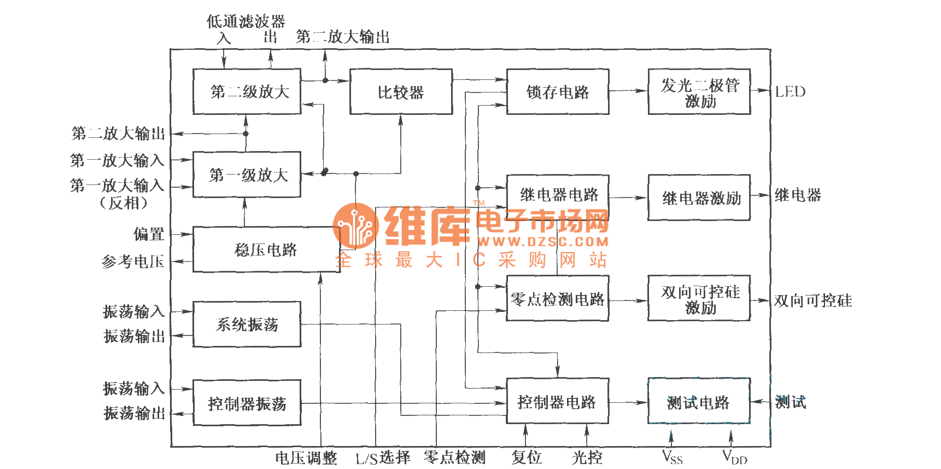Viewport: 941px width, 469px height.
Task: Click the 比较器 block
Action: (x=401, y=92)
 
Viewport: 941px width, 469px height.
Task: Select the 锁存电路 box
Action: (x=558, y=92)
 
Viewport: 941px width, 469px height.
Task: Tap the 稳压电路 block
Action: (x=266, y=250)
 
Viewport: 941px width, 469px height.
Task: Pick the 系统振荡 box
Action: (x=247, y=325)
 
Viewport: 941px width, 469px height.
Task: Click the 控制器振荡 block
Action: (x=247, y=403)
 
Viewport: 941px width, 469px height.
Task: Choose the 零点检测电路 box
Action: (x=558, y=299)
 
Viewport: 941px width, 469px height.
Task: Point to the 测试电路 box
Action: (x=698, y=402)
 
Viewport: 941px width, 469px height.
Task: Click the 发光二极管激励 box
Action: (x=699, y=92)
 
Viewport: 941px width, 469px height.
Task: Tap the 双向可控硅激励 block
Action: (x=699, y=299)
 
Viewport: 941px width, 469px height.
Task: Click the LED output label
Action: (x=790, y=91)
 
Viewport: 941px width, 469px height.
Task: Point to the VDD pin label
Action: (x=734, y=456)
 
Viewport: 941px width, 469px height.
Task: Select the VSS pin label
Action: (x=672, y=456)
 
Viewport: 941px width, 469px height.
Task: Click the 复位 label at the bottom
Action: (x=526, y=457)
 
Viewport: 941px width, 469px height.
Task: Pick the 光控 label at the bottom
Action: (x=587, y=457)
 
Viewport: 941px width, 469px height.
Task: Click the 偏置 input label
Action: (x=149, y=234)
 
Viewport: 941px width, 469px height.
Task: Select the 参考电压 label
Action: (x=133, y=262)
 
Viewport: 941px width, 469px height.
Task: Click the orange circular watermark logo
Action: (x=355, y=225)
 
